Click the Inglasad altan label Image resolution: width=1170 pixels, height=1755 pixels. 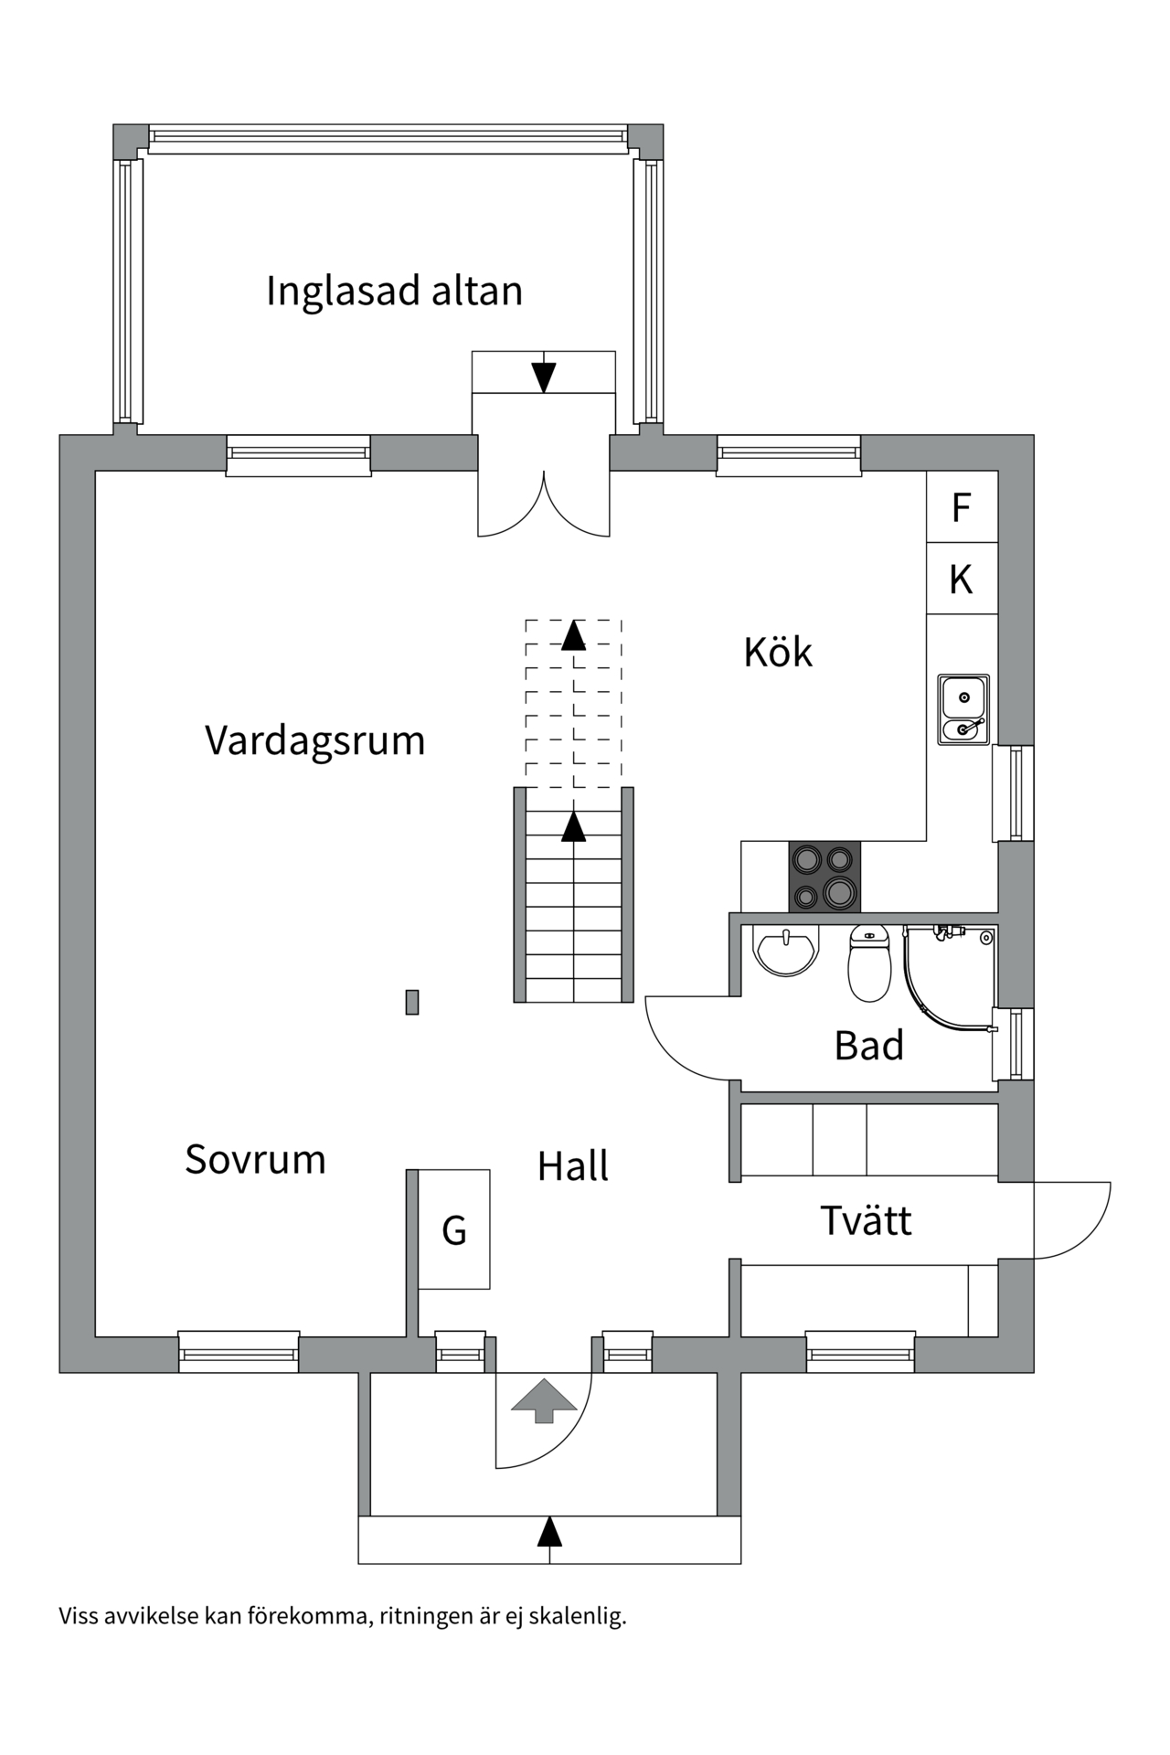[x=394, y=292]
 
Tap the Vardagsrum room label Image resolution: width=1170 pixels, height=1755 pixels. [x=314, y=740]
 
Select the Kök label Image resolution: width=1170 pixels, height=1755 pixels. [x=777, y=653]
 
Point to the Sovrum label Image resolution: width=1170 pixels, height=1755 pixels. [x=255, y=1159]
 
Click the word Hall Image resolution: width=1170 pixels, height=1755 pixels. [x=572, y=1166]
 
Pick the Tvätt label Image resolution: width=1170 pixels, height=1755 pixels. [x=866, y=1221]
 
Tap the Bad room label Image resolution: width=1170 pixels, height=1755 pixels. [x=868, y=1046]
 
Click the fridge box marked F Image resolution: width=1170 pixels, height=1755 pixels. [x=961, y=506]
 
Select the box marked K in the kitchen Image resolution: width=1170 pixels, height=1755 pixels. [x=961, y=579]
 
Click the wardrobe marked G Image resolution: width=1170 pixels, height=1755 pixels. [x=454, y=1230]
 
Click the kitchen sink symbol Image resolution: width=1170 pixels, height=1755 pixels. [x=963, y=708]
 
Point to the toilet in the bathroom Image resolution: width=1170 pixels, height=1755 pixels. [x=869, y=964]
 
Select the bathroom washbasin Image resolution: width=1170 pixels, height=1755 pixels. [x=785, y=950]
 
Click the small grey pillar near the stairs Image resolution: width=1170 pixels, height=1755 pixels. [x=412, y=1002]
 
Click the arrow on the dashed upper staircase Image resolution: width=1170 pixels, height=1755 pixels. [x=573, y=635]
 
